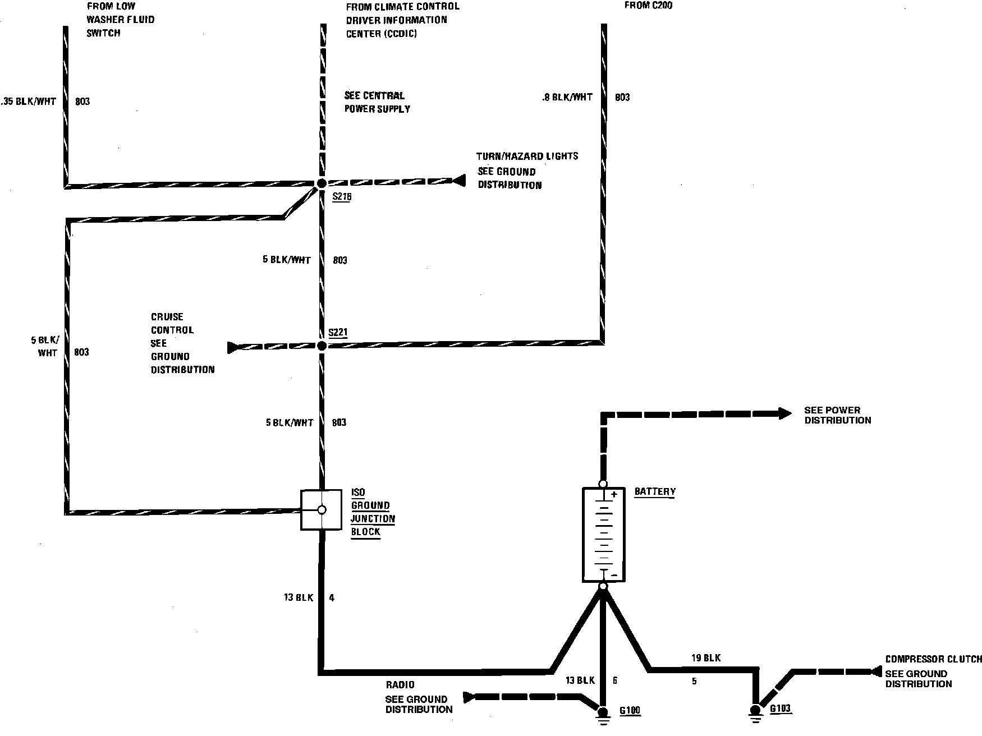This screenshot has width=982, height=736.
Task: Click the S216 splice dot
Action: tap(322, 183)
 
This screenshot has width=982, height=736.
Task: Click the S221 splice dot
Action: tap(322, 346)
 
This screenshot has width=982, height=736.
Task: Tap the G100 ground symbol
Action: tap(603, 712)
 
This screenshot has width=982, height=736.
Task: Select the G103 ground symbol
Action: tap(755, 711)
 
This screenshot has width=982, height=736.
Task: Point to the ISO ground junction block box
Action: tap(322, 510)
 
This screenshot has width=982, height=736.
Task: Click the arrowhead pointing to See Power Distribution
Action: tap(784, 414)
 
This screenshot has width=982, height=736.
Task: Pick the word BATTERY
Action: tap(655, 491)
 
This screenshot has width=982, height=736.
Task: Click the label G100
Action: tap(630, 711)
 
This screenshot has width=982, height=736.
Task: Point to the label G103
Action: tap(780, 709)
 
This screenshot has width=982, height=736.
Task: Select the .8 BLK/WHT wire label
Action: tap(567, 97)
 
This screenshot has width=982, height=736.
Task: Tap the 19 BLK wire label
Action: tap(706, 657)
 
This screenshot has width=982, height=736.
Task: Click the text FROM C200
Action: tap(648, 6)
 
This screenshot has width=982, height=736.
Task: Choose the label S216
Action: tap(342, 197)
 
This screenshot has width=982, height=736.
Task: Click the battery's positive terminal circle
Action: tap(603, 484)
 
